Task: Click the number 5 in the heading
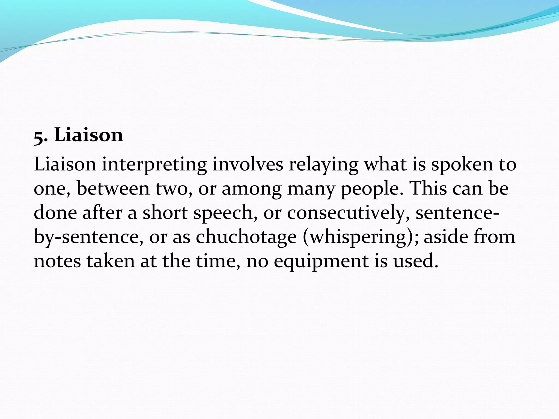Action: (x=39, y=137)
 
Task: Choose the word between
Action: (x=113, y=188)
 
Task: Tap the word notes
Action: (x=58, y=261)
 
